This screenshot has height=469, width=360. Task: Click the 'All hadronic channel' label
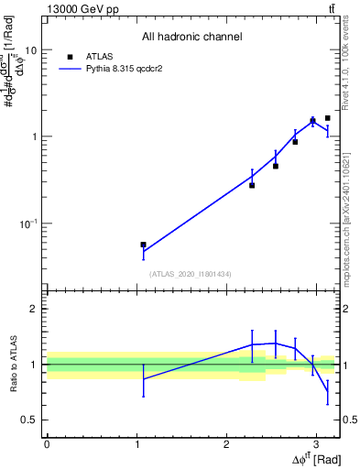click(x=191, y=37)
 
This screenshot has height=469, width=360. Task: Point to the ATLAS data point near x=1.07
click(x=143, y=245)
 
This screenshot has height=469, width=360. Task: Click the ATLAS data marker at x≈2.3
click(x=252, y=185)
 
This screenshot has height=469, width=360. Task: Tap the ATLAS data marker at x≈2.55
click(x=276, y=166)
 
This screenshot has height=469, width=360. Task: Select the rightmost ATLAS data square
click(x=328, y=118)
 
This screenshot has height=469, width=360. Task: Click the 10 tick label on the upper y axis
click(x=29, y=50)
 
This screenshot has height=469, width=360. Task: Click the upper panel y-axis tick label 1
click(x=33, y=136)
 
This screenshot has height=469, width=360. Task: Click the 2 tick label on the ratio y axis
click(x=33, y=309)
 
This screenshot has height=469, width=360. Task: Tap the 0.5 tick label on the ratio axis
click(x=28, y=420)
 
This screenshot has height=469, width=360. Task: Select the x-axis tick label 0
click(x=47, y=444)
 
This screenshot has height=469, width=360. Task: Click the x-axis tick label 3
click(x=315, y=444)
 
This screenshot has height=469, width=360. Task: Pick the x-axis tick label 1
click(x=136, y=444)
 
